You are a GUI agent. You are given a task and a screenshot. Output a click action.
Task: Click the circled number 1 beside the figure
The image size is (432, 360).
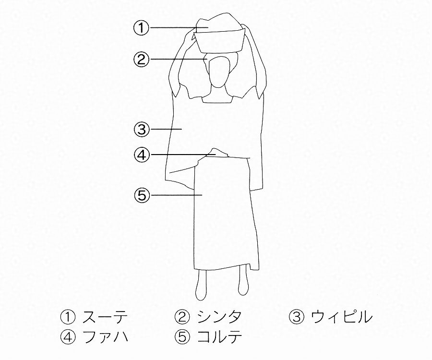(141, 27)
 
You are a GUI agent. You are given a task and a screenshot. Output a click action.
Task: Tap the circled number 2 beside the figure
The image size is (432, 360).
(141, 59)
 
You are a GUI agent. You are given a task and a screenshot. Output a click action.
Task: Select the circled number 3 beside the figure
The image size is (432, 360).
(141, 129)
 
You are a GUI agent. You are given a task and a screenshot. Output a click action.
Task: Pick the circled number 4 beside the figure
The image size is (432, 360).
(142, 155)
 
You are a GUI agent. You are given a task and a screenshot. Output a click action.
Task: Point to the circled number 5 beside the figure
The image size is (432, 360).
(142, 195)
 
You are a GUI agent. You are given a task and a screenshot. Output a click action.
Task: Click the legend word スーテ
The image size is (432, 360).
(105, 317)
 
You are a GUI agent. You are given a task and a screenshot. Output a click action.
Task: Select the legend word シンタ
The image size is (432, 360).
(219, 317)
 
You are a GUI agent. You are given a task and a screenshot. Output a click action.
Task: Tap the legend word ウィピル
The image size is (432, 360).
(341, 317)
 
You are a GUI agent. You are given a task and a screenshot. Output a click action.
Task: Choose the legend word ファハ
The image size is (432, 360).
(105, 336)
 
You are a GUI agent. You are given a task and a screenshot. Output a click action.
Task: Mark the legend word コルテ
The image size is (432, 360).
(220, 336)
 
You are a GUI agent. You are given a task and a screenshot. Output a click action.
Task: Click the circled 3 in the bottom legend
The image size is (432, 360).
(297, 317)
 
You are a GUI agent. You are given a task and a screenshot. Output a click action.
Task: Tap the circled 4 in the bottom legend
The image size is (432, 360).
(68, 337)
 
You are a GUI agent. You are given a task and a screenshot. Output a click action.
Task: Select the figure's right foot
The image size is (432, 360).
(201, 283)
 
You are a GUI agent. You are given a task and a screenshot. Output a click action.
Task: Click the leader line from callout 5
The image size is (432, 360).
(177, 195)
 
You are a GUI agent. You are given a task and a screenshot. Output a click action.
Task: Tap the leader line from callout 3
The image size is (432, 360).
(167, 129)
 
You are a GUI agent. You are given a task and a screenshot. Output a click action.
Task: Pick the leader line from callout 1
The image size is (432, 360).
(179, 27)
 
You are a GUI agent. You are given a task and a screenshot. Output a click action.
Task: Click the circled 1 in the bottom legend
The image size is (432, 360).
(68, 317)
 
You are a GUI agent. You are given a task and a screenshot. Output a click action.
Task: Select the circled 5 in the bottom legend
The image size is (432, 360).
(182, 337)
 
